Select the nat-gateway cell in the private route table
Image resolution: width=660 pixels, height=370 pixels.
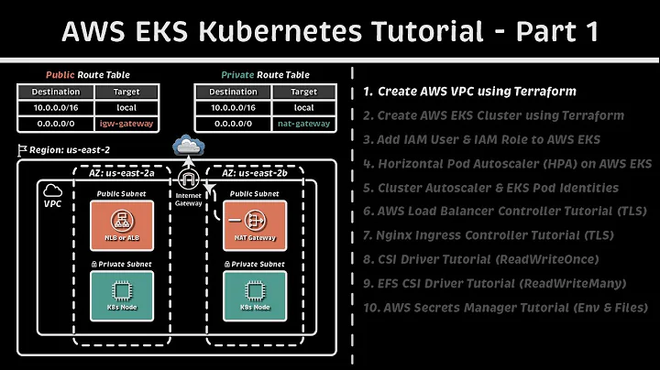305,123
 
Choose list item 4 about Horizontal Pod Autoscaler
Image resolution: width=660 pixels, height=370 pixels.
506,163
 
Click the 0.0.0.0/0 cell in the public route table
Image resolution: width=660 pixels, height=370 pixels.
56,123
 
